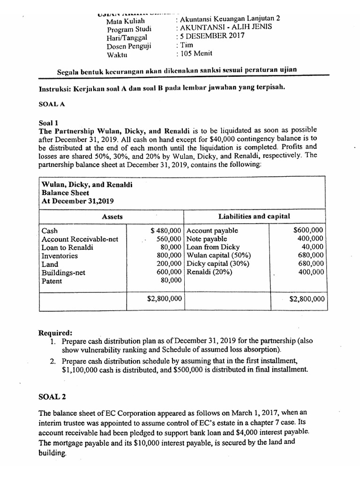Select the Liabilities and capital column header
(254, 216)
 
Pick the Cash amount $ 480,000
(166, 231)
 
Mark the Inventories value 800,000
(169, 256)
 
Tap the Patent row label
(52, 281)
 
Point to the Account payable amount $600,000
(308, 230)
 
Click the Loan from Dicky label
(213, 247)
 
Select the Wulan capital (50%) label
(218, 255)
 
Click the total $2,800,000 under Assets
(164, 299)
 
